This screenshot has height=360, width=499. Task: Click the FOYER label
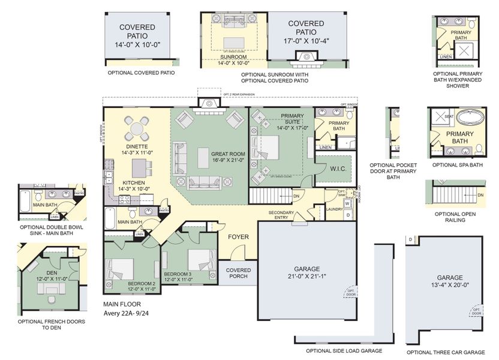tap(238, 236)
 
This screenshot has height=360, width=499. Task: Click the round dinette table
tap(137, 128)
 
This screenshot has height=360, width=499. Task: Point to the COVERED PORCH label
tap(238, 274)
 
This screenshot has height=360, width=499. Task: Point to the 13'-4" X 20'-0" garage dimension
tap(450, 286)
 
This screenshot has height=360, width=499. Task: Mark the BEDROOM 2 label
tap(142, 283)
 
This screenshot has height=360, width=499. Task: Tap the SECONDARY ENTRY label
tap(281, 215)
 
